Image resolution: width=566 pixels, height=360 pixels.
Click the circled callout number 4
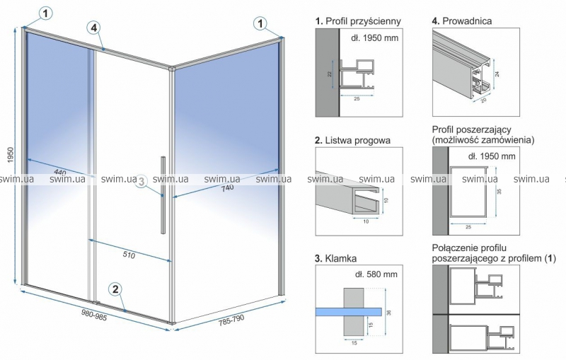(x=93, y=28)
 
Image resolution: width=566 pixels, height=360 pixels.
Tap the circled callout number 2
(x=115, y=289)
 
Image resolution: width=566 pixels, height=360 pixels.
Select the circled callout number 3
(x=141, y=181)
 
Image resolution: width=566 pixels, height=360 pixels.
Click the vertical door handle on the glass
(x=163, y=195)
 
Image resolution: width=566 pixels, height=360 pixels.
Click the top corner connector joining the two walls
(x=171, y=68)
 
